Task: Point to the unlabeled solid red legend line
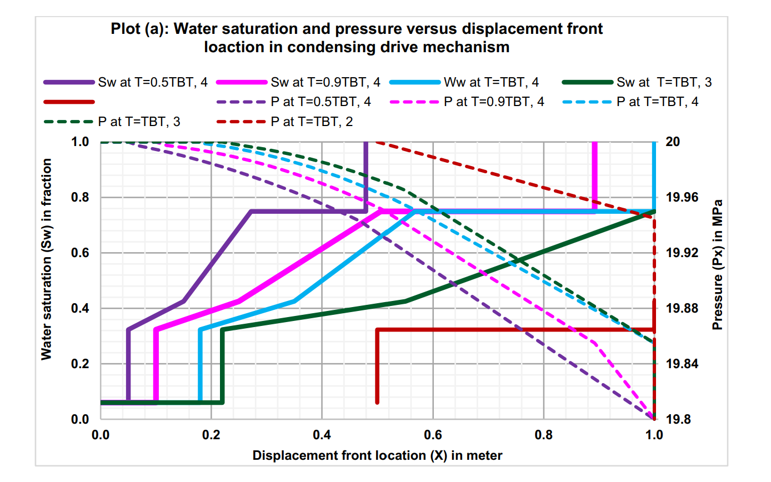tap(69, 102)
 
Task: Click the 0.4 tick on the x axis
tap(322, 434)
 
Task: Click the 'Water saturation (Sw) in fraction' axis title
tap(47, 259)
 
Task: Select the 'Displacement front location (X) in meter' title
tap(377, 456)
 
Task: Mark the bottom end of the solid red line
tap(377, 401)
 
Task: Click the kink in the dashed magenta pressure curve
tap(594, 343)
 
